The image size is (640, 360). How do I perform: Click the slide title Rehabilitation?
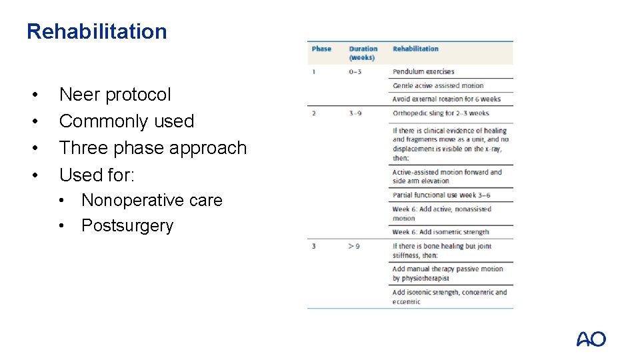tap(97, 31)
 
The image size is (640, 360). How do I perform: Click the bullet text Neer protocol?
tap(115, 95)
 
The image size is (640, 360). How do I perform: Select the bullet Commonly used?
tap(126, 121)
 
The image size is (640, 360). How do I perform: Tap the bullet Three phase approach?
tap(153, 148)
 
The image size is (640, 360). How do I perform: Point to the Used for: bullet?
tap(97, 175)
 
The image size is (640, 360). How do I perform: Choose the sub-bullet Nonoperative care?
tap(151, 200)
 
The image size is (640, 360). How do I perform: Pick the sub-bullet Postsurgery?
tap(127, 226)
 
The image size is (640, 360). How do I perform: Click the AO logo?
tap(591, 339)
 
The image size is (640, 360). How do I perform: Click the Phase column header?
tap(321, 49)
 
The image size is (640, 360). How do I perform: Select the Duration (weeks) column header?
tap(363, 53)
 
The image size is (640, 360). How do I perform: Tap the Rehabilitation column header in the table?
tap(415, 49)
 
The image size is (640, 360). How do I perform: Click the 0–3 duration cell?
tap(355, 71)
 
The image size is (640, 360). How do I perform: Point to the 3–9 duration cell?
tap(355, 113)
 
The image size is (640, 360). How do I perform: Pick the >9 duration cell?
tap(354, 246)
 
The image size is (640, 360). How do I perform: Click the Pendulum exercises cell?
tap(423, 71)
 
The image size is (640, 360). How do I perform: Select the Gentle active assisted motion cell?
tap(438, 85)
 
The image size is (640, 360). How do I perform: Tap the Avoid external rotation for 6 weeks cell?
tap(446, 99)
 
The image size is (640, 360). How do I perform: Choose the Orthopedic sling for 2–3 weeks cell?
tap(441, 113)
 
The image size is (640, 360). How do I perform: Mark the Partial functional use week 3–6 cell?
tap(441, 195)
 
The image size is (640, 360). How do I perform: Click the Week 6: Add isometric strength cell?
tap(441, 232)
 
